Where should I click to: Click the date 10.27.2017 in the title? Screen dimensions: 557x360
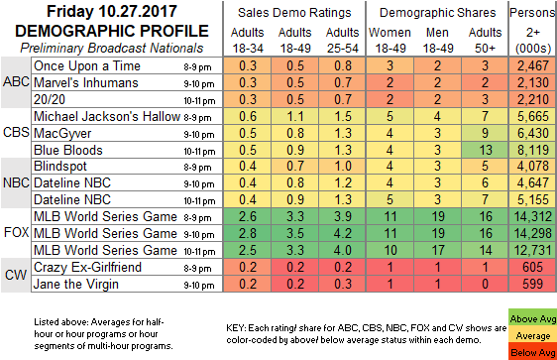coord(138,11)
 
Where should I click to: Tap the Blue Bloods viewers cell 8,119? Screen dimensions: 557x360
coord(533,150)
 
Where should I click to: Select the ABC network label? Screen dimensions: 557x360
coord(16,82)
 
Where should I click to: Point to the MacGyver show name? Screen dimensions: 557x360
coord(62,133)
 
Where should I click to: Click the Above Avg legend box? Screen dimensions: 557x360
coord(532,318)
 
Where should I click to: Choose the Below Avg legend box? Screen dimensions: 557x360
coord(532,352)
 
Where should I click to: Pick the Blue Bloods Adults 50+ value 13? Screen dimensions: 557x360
coord(485,150)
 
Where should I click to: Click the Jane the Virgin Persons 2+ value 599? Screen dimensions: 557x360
coord(533,284)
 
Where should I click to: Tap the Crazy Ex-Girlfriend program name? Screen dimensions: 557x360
coord(88,267)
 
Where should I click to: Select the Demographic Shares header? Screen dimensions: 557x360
coord(437,13)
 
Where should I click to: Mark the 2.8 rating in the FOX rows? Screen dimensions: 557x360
coord(248,233)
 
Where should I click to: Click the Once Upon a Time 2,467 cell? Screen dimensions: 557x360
coord(533,65)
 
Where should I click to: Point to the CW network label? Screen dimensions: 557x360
coord(16,275)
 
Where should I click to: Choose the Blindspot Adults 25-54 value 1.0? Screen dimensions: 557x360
coord(343,166)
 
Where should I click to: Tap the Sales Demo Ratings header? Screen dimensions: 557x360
coord(294,13)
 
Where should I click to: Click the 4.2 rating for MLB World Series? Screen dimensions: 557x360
coord(343,233)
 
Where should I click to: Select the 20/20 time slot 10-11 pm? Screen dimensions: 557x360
coord(199,100)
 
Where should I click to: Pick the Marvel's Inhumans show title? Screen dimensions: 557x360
coord(86,82)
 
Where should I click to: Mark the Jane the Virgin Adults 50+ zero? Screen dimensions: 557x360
coord(485,284)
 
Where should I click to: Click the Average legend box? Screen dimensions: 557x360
coord(532,335)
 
